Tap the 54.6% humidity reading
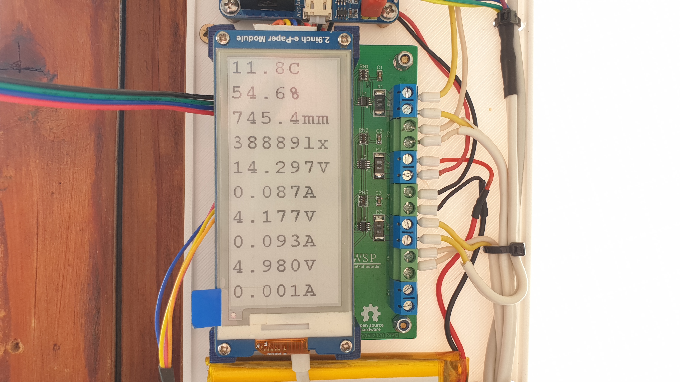(265, 93)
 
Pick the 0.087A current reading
(275, 192)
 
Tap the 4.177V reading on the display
(275, 217)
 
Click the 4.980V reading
(275, 266)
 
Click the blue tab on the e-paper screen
(206, 308)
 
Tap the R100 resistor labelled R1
(379, 103)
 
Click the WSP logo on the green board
(365, 258)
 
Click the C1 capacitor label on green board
(379, 68)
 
